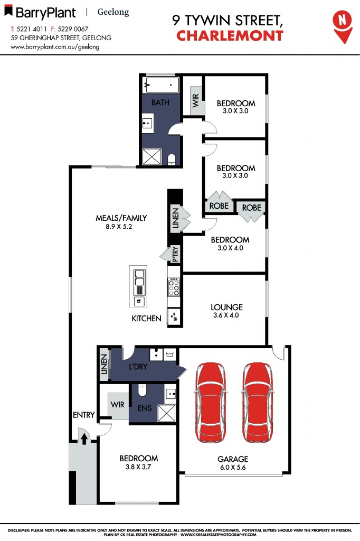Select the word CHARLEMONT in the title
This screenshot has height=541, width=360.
pos(230,36)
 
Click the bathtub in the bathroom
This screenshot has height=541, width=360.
pos(160,85)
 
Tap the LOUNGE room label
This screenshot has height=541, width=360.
pos(226,307)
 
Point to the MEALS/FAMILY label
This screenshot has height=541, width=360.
pos(121,218)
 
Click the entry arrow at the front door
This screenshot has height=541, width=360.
pos(83,436)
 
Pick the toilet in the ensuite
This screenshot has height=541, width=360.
pos(142,390)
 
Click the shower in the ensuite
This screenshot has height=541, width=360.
pos(167,412)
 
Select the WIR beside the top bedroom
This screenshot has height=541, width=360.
pos(195,100)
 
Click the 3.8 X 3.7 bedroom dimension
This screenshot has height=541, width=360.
pos(138,467)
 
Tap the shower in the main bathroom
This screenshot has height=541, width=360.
pos(152,157)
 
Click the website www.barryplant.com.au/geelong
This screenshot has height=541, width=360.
pos(55,46)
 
